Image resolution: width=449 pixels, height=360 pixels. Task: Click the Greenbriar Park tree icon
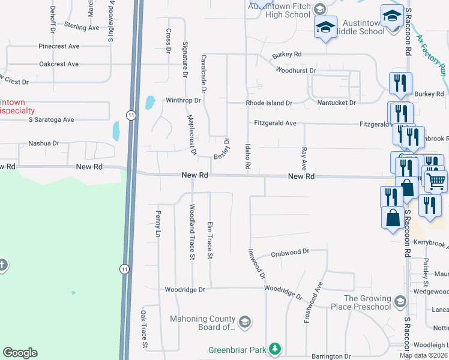coord(275,349)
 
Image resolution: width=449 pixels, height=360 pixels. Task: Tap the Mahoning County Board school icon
coord(244,322)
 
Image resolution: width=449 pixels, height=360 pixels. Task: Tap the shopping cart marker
coord(436,180)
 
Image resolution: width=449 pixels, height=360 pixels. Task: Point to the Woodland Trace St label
coord(193,232)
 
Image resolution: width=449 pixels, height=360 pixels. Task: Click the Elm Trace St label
coord(210,240)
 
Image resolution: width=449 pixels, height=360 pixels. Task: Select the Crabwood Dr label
coord(289,253)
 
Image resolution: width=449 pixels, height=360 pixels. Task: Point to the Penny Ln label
coord(158,222)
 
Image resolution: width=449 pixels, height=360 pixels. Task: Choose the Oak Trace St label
coord(144,329)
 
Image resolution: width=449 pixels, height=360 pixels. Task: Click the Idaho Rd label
coord(247,155)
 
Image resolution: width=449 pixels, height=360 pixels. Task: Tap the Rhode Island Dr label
coord(269,103)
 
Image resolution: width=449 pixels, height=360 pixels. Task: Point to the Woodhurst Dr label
coord(295,71)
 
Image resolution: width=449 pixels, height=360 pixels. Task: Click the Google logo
coord(20,353)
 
